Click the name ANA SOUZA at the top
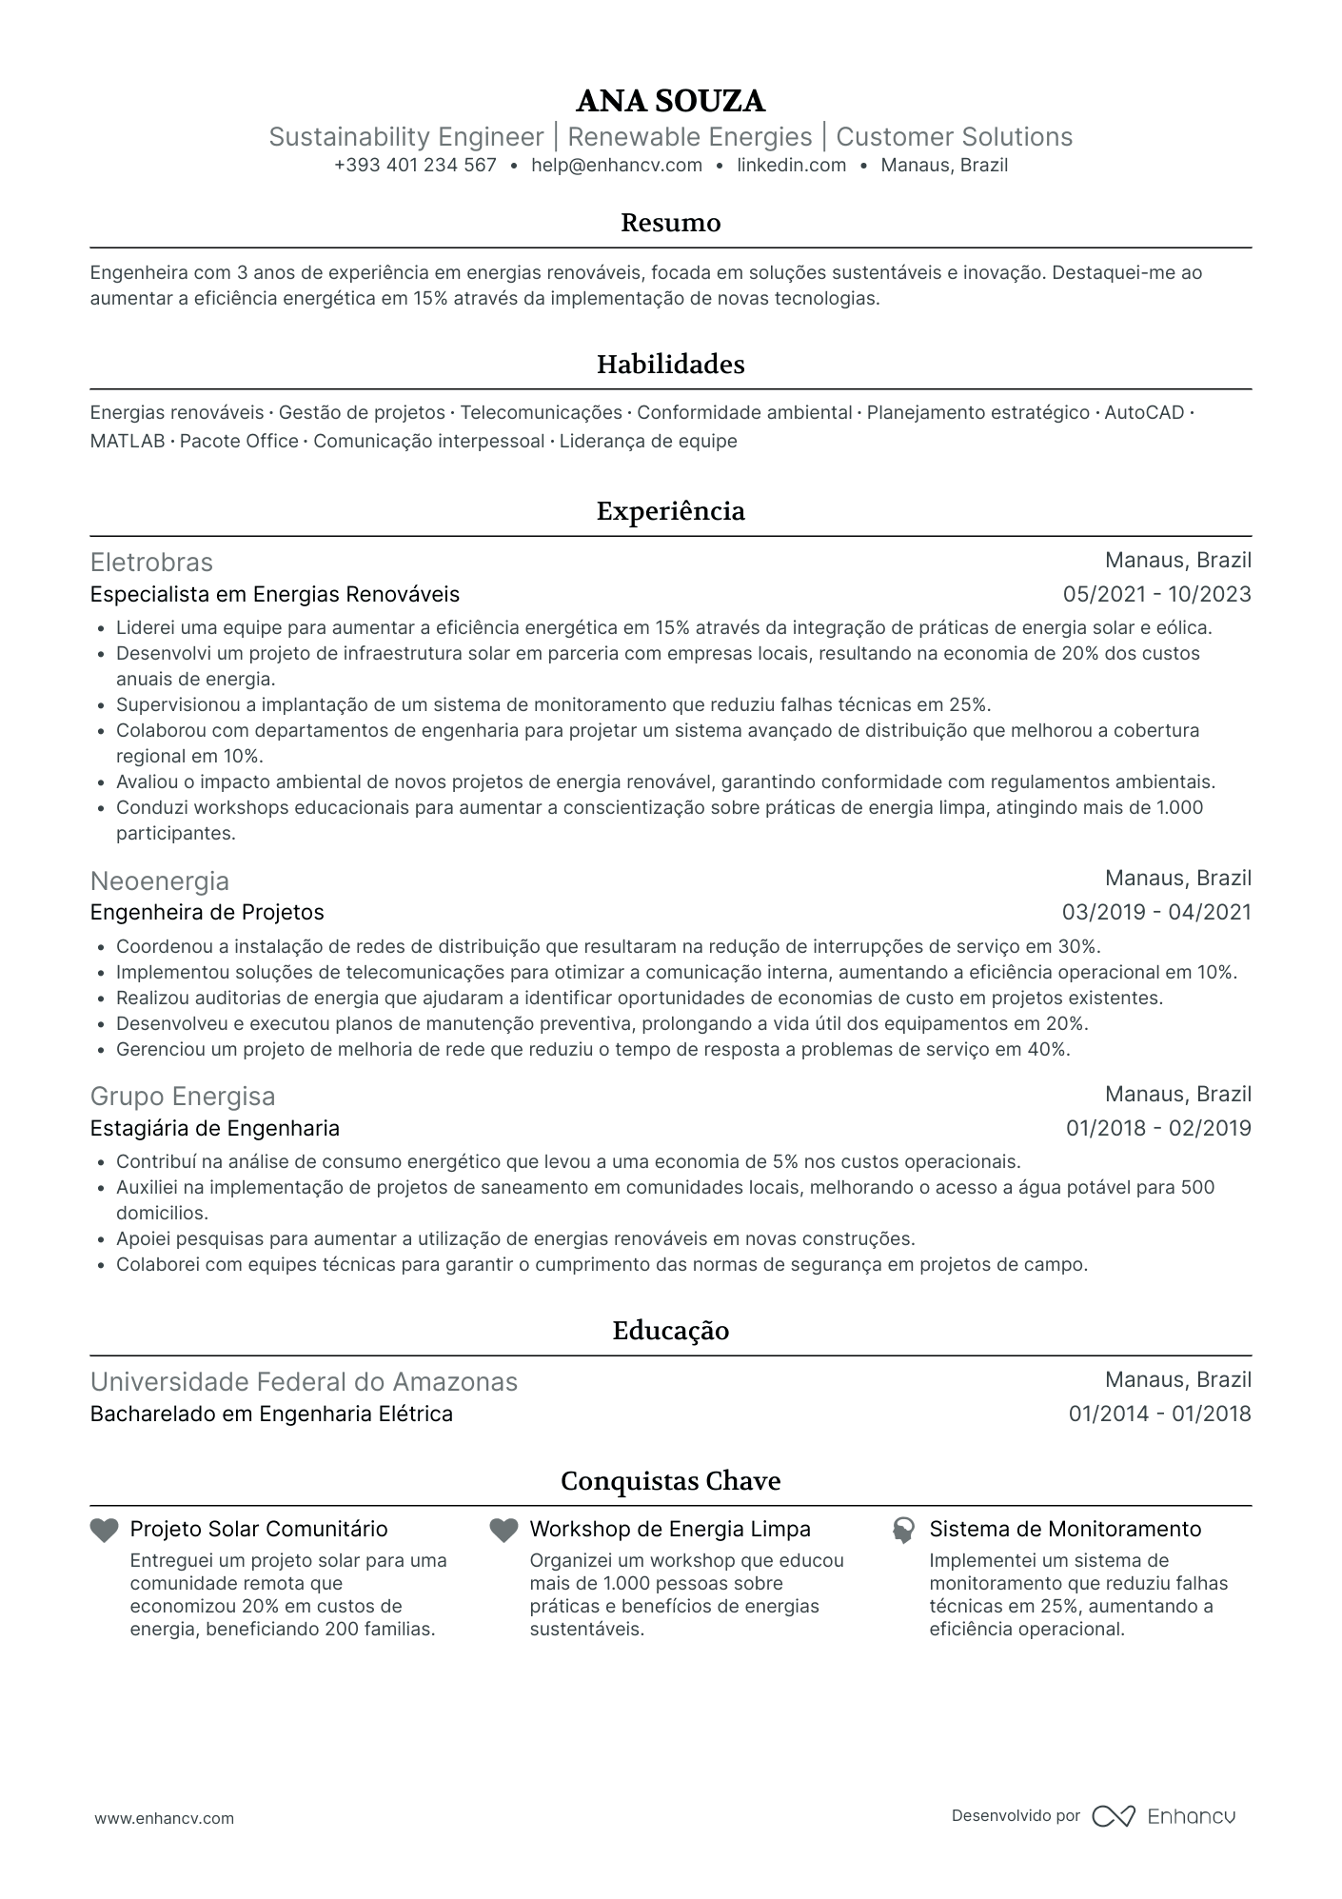pyautogui.click(x=670, y=101)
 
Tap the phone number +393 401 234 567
pyautogui.click(x=415, y=165)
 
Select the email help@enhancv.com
pyautogui.click(x=617, y=165)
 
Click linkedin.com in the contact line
pyautogui.click(x=791, y=165)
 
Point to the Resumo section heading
pyautogui.click(x=670, y=223)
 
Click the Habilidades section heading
pyautogui.click(x=670, y=365)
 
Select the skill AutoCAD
pyautogui.click(x=1144, y=413)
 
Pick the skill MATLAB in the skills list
pyautogui.click(x=128, y=442)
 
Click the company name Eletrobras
pyautogui.click(x=151, y=562)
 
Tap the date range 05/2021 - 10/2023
pyautogui.click(x=1156, y=595)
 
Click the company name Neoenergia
pyautogui.click(x=160, y=880)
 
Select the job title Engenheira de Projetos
pyautogui.click(x=207, y=913)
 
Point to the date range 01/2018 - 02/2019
pyautogui.click(x=1157, y=1129)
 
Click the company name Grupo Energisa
pyautogui.click(x=183, y=1097)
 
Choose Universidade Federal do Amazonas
pyautogui.click(x=304, y=1382)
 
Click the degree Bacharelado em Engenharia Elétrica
pyautogui.click(x=271, y=1414)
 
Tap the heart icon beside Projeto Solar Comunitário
pyautogui.click(x=104, y=1531)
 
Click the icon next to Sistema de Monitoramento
pyautogui.click(x=902, y=1531)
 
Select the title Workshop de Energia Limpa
pyautogui.click(x=670, y=1530)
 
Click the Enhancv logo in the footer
pyautogui.click(x=1164, y=1816)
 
